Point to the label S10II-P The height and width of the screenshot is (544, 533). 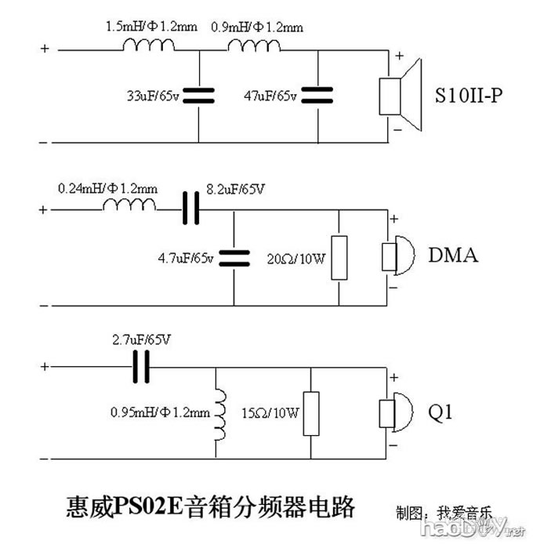click(469, 97)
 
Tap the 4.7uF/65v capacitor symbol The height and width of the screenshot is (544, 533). click(234, 256)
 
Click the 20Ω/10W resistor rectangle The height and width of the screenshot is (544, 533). click(339, 256)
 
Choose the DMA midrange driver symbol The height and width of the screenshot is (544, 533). click(398, 256)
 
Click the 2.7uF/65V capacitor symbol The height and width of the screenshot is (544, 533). click(143, 366)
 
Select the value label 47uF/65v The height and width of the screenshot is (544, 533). click(270, 96)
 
